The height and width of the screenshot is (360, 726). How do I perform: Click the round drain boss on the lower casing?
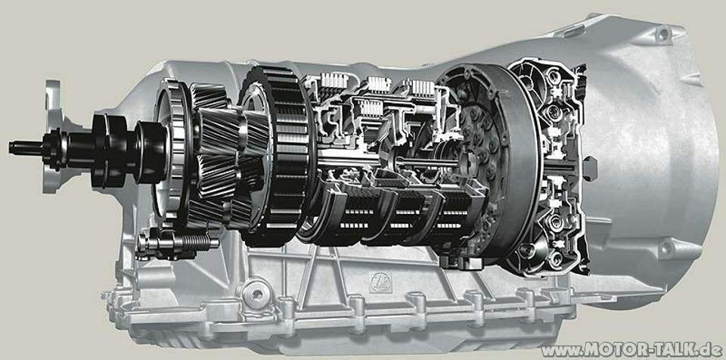click(255, 290)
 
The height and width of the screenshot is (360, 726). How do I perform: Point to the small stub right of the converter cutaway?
click(597, 163)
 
